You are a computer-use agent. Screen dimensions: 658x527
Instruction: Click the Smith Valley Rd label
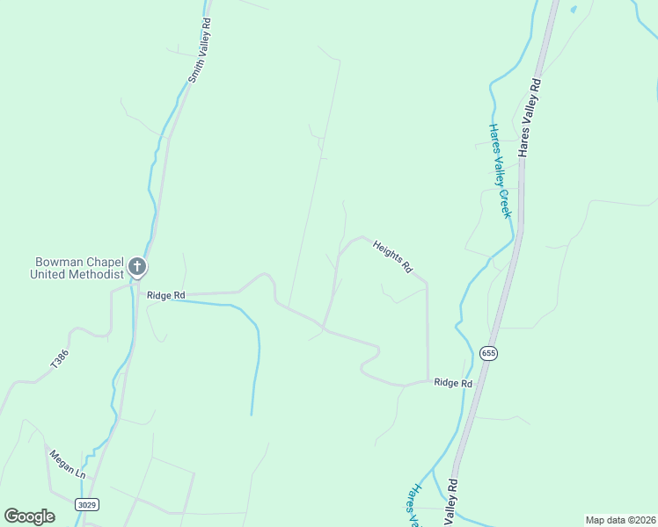pyautogui.click(x=200, y=51)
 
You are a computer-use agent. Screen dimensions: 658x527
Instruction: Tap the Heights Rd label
pyautogui.click(x=391, y=256)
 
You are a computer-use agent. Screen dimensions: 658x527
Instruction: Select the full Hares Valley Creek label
pyautogui.click(x=500, y=170)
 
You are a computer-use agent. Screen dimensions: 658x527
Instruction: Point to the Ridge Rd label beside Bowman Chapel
pyautogui.click(x=165, y=296)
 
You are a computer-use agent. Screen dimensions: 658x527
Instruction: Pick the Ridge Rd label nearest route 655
pyautogui.click(x=453, y=383)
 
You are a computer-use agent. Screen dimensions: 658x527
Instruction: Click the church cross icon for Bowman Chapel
pyautogui.click(x=136, y=266)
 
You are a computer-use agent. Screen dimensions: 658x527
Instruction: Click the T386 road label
pyautogui.click(x=59, y=358)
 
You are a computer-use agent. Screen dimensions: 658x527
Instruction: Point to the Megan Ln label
pyautogui.click(x=67, y=463)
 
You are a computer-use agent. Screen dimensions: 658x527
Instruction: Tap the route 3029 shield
pyautogui.click(x=87, y=504)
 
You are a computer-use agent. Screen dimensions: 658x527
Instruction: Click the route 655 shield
pyautogui.click(x=489, y=352)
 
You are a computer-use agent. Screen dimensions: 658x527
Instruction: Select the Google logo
pyautogui.click(x=30, y=516)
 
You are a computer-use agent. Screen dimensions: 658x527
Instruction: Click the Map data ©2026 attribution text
pyautogui.click(x=619, y=519)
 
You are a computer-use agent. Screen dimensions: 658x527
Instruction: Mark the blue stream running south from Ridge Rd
pyautogui.click(x=256, y=360)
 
